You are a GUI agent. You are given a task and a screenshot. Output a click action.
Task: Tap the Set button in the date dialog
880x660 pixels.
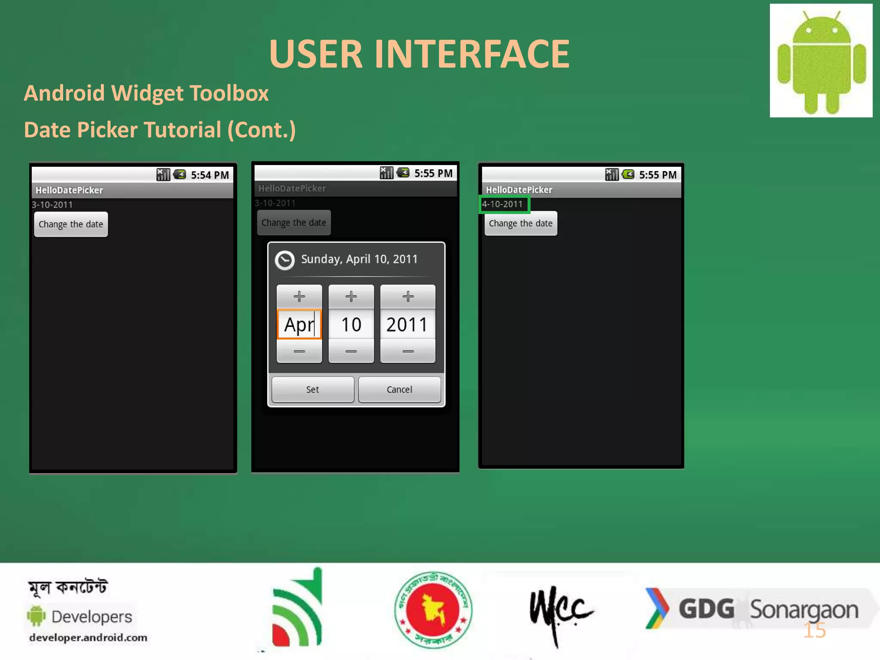pyautogui.click(x=313, y=389)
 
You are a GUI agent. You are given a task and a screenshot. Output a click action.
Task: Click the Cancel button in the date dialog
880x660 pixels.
pyautogui.click(x=399, y=389)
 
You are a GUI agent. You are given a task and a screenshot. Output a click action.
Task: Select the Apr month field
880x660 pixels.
pyautogui.click(x=299, y=324)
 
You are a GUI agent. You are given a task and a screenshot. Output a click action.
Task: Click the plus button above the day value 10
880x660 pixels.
pyautogui.click(x=351, y=296)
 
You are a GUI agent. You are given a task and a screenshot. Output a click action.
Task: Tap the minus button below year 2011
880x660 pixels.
pyautogui.click(x=408, y=351)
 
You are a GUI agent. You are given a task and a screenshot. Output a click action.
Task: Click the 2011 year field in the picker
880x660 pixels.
pyautogui.click(x=407, y=324)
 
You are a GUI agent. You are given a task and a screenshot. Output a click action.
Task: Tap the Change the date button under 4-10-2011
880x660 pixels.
pyautogui.click(x=521, y=223)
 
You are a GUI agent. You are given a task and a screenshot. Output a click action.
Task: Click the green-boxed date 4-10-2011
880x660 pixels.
pyautogui.click(x=503, y=204)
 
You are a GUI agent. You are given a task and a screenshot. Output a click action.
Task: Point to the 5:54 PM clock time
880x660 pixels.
pyautogui.click(x=210, y=175)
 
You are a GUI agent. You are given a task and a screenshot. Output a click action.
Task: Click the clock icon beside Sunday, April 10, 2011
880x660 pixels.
pyautogui.click(x=284, y=260)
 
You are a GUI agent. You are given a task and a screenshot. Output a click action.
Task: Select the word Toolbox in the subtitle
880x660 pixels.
pyautogui.click(x=229, y=93)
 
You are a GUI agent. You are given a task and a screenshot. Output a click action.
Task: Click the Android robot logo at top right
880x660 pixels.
pyautogui.click(x=821, y=61)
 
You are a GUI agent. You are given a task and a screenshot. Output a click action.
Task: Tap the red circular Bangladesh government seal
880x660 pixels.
pyautogui.click(x=433, y=609)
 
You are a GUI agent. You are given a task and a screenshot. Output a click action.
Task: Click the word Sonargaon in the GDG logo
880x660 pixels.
pyautogui.click(x=804, y=610)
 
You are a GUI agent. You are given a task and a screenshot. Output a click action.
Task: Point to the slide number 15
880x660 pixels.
pyautogui.click(x=815, y=630)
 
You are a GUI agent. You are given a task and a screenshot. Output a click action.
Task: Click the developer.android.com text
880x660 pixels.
pyautogui.click(x=88, y=637)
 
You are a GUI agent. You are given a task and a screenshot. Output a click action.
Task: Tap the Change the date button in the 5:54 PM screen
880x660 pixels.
pyautogui.click(x=71, y=224)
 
